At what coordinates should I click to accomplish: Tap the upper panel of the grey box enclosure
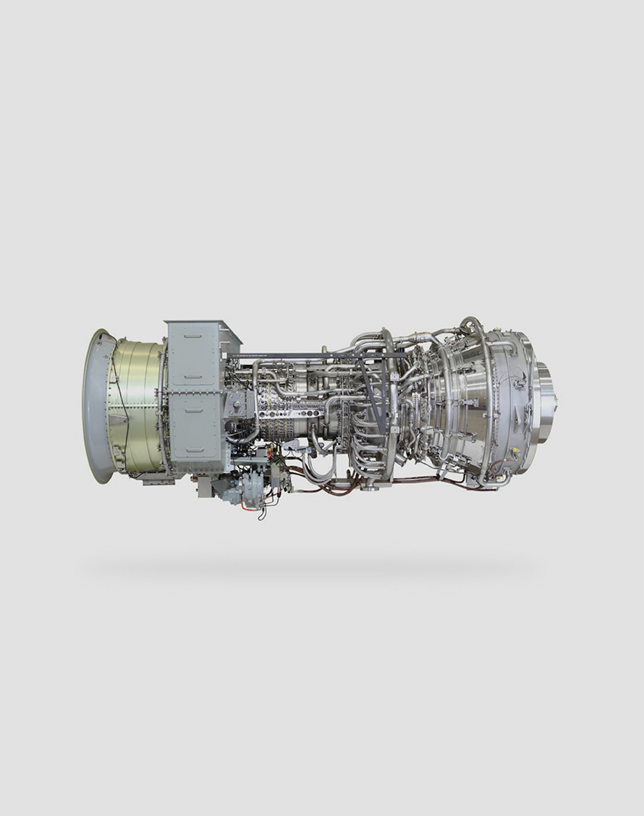194,354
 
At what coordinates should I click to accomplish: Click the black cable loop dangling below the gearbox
261,513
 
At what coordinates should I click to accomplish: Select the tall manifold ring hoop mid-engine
391,405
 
